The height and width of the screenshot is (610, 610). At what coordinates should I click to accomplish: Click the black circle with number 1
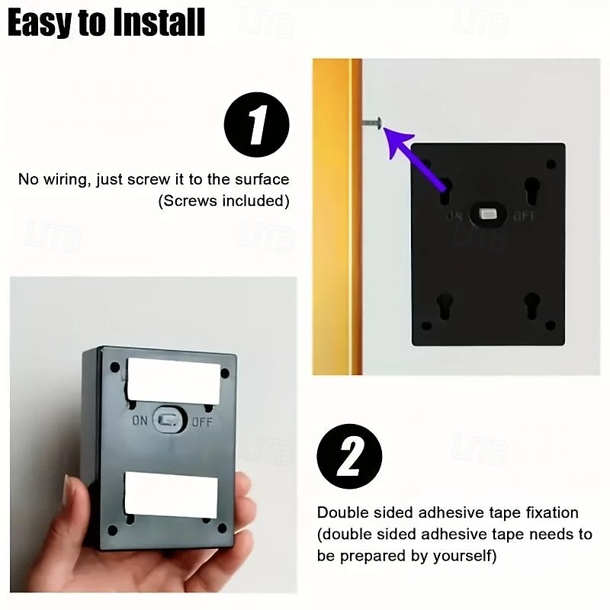pos(256,124)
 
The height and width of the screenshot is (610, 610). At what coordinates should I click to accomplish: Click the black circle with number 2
pos(349,456)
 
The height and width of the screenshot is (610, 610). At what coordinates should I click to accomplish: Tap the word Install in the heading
pos(159,23)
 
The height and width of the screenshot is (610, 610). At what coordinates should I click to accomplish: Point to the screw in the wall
pos(372,123)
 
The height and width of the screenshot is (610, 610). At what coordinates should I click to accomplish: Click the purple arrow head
pos(399,143)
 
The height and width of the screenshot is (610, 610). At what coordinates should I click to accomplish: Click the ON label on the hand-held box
pos(140,420)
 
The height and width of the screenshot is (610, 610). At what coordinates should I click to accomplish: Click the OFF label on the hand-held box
pos(202,422)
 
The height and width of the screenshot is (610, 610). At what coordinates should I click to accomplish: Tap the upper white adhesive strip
pos(174,381)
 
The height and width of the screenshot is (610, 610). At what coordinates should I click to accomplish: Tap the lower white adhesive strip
pos(171,495)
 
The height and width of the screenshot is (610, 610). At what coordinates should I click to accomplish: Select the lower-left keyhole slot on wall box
pos(445,307)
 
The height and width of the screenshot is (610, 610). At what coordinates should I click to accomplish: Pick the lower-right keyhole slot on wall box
pos(531,306)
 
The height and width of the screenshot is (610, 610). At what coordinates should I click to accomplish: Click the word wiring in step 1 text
pos(67,180)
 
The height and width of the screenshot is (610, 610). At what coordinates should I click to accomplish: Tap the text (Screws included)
pos(223,201)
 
